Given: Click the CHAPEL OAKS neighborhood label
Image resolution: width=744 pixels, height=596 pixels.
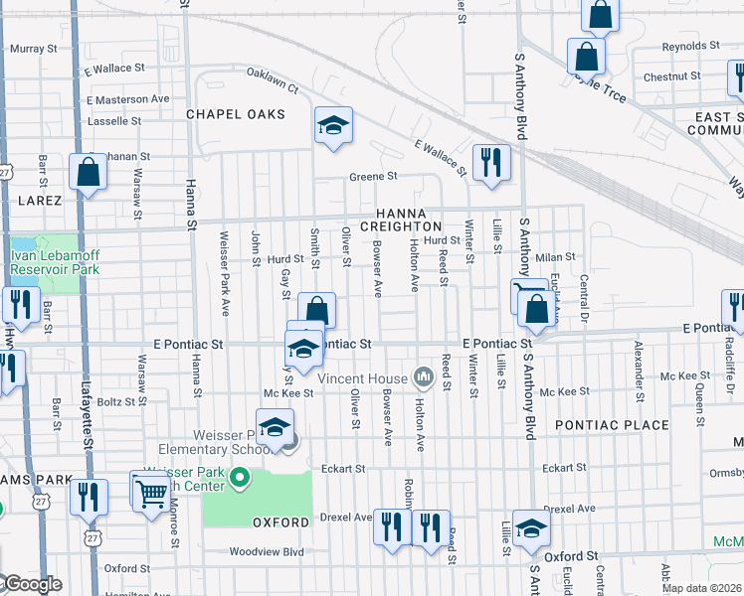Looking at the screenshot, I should (236, 114).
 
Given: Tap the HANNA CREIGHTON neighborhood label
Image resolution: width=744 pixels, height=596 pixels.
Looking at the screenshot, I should (401, 220).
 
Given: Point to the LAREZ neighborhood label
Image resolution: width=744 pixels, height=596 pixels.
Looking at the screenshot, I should (40, 200).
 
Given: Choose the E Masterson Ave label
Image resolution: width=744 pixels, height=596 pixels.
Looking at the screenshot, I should (127, 99).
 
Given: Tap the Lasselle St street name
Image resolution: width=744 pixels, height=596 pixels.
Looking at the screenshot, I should (114, 120).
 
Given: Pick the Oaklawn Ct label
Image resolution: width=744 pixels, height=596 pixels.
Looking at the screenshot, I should (272, 79).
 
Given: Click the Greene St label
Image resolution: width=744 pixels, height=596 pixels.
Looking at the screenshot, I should (373, 177).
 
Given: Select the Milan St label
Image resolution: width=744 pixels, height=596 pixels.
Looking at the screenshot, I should (556, 257).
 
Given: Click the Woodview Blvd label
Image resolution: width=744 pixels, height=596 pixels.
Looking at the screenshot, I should (266, 551).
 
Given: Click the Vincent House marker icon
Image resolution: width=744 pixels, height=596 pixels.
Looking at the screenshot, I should (425, 376).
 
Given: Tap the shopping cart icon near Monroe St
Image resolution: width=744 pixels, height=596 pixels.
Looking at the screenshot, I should (150, 490).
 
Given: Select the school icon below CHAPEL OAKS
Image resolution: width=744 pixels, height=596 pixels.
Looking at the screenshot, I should (334, 126).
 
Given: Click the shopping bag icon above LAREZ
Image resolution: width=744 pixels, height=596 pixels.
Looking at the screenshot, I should (89, 171).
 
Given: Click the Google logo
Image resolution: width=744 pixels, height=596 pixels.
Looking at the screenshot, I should (32, 584).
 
